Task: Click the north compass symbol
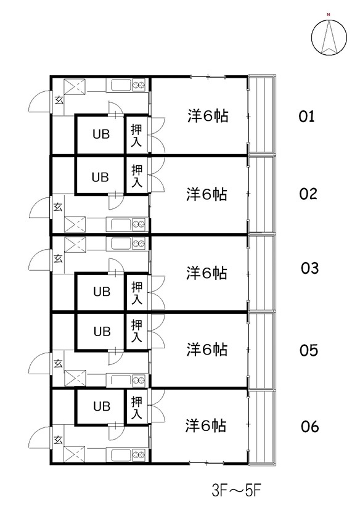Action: tap(329, 36)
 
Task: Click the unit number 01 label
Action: tap(306, 117)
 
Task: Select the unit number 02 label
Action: tap(308, 194)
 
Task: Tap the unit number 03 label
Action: tap(309, 268)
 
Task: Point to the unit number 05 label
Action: tap(309, 350)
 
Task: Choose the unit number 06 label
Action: tap(309, 427)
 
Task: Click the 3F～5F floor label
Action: tap(236, 491)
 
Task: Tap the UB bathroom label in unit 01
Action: tap(101, 134)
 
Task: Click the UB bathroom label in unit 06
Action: tap(102, 406)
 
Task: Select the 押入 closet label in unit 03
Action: tap(137, 293)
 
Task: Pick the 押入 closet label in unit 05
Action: tap(137, 331)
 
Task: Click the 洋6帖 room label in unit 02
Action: tap(207, 194)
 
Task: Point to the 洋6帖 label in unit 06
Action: tap(206, 426)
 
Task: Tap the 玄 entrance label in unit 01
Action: tap(59, 100)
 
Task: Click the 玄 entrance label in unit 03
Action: tap(58, 258)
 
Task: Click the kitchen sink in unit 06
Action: tap(121, 454)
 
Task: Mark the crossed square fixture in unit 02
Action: tap(75, 224)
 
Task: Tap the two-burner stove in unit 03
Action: tap(139, 244)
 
